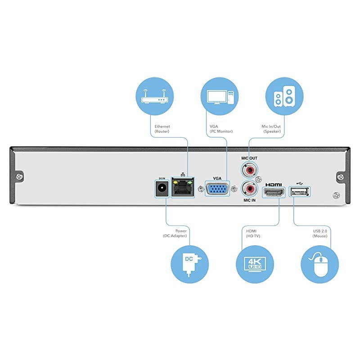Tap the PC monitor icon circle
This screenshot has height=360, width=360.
(220, 95)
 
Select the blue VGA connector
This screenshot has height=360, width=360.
(217, 188)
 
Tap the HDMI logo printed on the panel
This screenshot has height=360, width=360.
(274, 184)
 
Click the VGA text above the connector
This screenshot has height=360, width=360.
(217, 178)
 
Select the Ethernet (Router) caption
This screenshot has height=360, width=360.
(162, 129)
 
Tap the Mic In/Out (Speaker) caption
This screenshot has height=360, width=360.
(272, 129)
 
